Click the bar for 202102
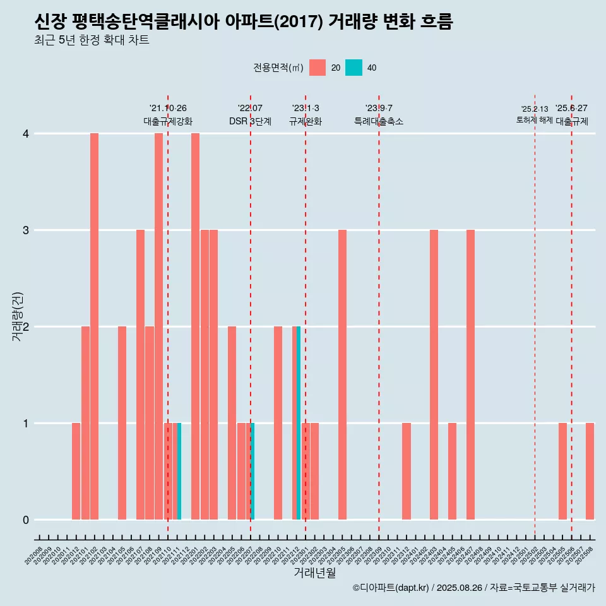pos(94,326)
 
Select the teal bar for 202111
pos(179,471)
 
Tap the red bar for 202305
pos(342,374)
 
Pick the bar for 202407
pos(470,374)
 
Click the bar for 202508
pos(590,471)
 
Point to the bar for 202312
pos(407,471)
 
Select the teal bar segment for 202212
pos(299,423)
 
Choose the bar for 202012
pos(76,471)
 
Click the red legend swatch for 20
pos(318,68)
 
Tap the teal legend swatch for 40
pos(354,68)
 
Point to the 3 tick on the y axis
pos(26,230)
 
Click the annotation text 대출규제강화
pos(168,121)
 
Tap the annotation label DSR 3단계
pos(250,121)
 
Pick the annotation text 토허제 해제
pos(534,120)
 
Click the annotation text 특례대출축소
pos(379,121)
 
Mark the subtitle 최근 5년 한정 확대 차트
pos(92,40)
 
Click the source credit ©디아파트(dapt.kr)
pos(391,588)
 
